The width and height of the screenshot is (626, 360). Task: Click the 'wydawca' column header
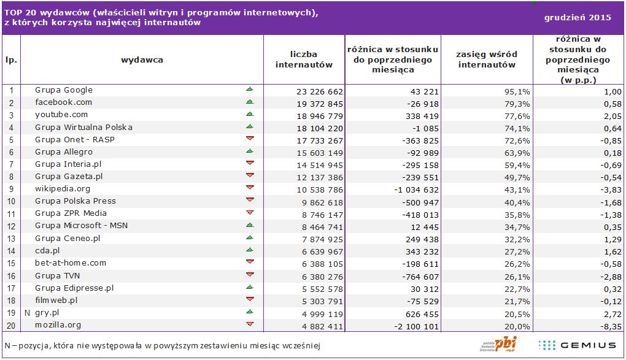point(142,60)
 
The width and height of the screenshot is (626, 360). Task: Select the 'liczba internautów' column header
point(304,59)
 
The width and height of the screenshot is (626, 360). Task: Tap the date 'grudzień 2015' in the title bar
point(578,18)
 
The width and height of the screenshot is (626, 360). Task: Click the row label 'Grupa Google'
point(64,90)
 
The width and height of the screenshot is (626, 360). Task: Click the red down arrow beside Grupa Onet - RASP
point(250,139)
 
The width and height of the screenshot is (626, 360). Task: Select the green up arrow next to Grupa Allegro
point(250,151)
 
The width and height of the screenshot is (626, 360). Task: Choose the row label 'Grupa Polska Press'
point(75,201)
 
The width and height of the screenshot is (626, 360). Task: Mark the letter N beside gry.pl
point(27,313)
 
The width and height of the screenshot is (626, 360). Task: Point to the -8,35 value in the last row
point(611,326)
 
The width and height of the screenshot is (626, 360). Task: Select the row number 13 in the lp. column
point(10,239)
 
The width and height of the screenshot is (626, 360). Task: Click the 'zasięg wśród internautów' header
point(486,59)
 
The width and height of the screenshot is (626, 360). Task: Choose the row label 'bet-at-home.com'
point(71,263)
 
